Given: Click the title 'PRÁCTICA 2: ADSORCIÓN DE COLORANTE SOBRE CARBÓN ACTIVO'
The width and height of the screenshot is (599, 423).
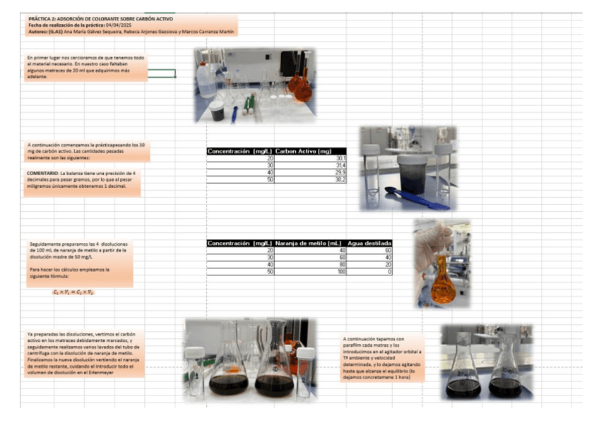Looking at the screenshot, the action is click(100, 18).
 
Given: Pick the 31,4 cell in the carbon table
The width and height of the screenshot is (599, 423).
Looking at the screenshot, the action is click(339, 165).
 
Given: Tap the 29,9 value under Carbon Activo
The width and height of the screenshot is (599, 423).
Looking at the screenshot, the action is click(339, 172).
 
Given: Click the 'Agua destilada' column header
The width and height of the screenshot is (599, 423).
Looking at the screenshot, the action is click(369, 244).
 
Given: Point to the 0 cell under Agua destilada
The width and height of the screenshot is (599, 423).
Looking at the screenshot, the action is click(389, 272).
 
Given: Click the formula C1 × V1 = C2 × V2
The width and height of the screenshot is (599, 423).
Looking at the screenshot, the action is click(73, 292).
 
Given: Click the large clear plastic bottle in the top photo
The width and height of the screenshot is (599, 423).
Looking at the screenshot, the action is click(206, 80).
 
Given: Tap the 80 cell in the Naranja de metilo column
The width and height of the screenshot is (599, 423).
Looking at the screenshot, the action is click(342, 265).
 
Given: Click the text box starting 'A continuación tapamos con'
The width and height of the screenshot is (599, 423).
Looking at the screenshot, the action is click(382, 358).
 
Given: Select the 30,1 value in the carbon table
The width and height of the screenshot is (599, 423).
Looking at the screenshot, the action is click(339, 158).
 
